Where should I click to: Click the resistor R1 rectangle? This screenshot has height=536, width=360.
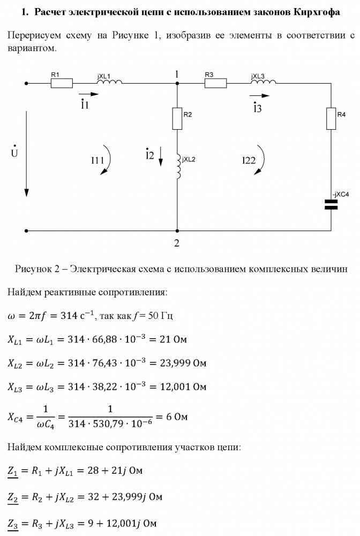coord(62,84)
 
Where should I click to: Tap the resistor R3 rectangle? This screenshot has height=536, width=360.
coord(215,84)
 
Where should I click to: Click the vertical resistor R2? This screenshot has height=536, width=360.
coord(177,118)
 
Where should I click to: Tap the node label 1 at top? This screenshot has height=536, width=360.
coord(176,75)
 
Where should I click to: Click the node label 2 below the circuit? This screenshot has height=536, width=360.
coord(176,243)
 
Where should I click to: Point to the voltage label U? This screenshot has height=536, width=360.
coord(14,153)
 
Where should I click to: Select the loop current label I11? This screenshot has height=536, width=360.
coord(97,160)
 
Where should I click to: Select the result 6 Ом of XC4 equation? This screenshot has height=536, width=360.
coord(178,416)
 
